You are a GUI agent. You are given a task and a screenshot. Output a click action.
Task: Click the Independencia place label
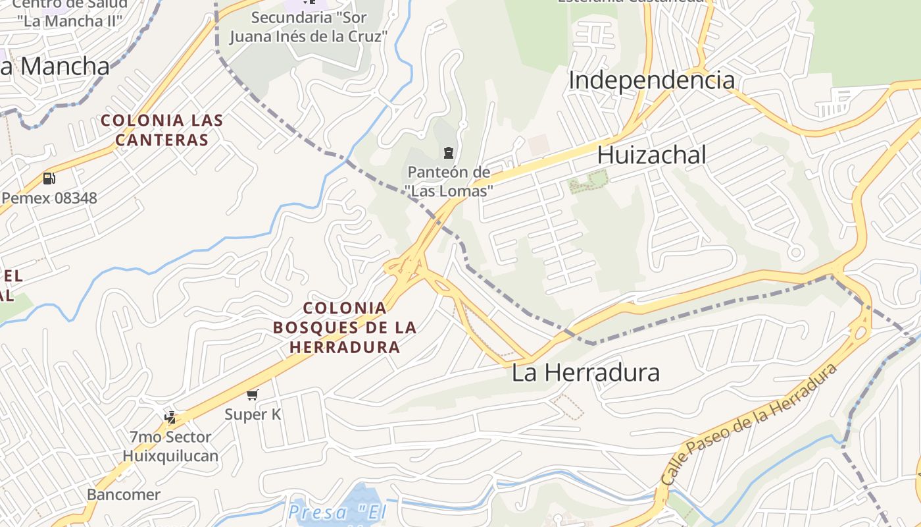click(651, 80)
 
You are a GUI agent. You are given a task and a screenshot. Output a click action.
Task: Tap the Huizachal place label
click(651, 155)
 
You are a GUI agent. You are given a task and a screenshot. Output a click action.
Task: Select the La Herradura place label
click(585, 373)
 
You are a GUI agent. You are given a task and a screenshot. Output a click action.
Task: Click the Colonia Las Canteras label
click(162, 130)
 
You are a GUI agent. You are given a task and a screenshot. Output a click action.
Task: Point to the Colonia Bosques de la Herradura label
click(345, 327)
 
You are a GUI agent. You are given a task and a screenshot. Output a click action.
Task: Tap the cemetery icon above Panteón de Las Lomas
click(449, 153)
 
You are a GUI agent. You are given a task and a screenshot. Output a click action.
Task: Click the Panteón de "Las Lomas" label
click(449, 182)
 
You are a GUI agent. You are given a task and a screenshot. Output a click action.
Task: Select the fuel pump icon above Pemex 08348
click(49, 179)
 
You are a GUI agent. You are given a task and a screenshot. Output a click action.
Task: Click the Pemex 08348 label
click(49, 198)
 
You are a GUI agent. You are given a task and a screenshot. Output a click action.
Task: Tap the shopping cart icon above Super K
click(253, 395)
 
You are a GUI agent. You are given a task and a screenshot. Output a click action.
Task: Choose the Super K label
click(253, 414)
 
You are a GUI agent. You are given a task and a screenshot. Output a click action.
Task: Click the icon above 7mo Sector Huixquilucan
click(170, 417)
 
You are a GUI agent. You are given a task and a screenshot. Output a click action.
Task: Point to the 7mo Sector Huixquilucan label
click(170, 446)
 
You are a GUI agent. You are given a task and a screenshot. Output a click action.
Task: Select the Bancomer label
click(124, 495)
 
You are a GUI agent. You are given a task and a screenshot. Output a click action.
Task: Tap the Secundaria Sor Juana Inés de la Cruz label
click(308, 26)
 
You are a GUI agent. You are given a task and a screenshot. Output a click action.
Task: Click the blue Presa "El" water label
click(336, 513)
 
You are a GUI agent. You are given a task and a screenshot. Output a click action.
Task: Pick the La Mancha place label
click(55, 67)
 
